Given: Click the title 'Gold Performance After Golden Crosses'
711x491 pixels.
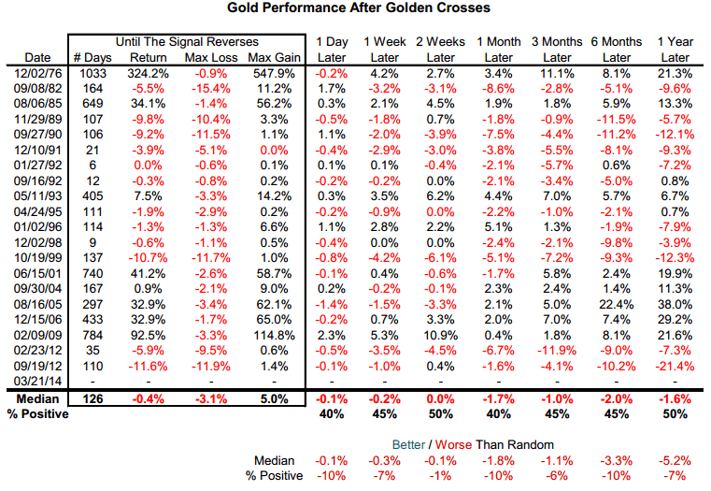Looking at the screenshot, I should (358, 8).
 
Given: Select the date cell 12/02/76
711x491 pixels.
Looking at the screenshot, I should (36, 72).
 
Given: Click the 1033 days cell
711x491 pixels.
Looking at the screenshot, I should (92, 72).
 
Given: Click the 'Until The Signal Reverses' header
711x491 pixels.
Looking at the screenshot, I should (187, 42).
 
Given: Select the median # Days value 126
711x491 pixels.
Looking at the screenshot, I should (92, 398).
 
